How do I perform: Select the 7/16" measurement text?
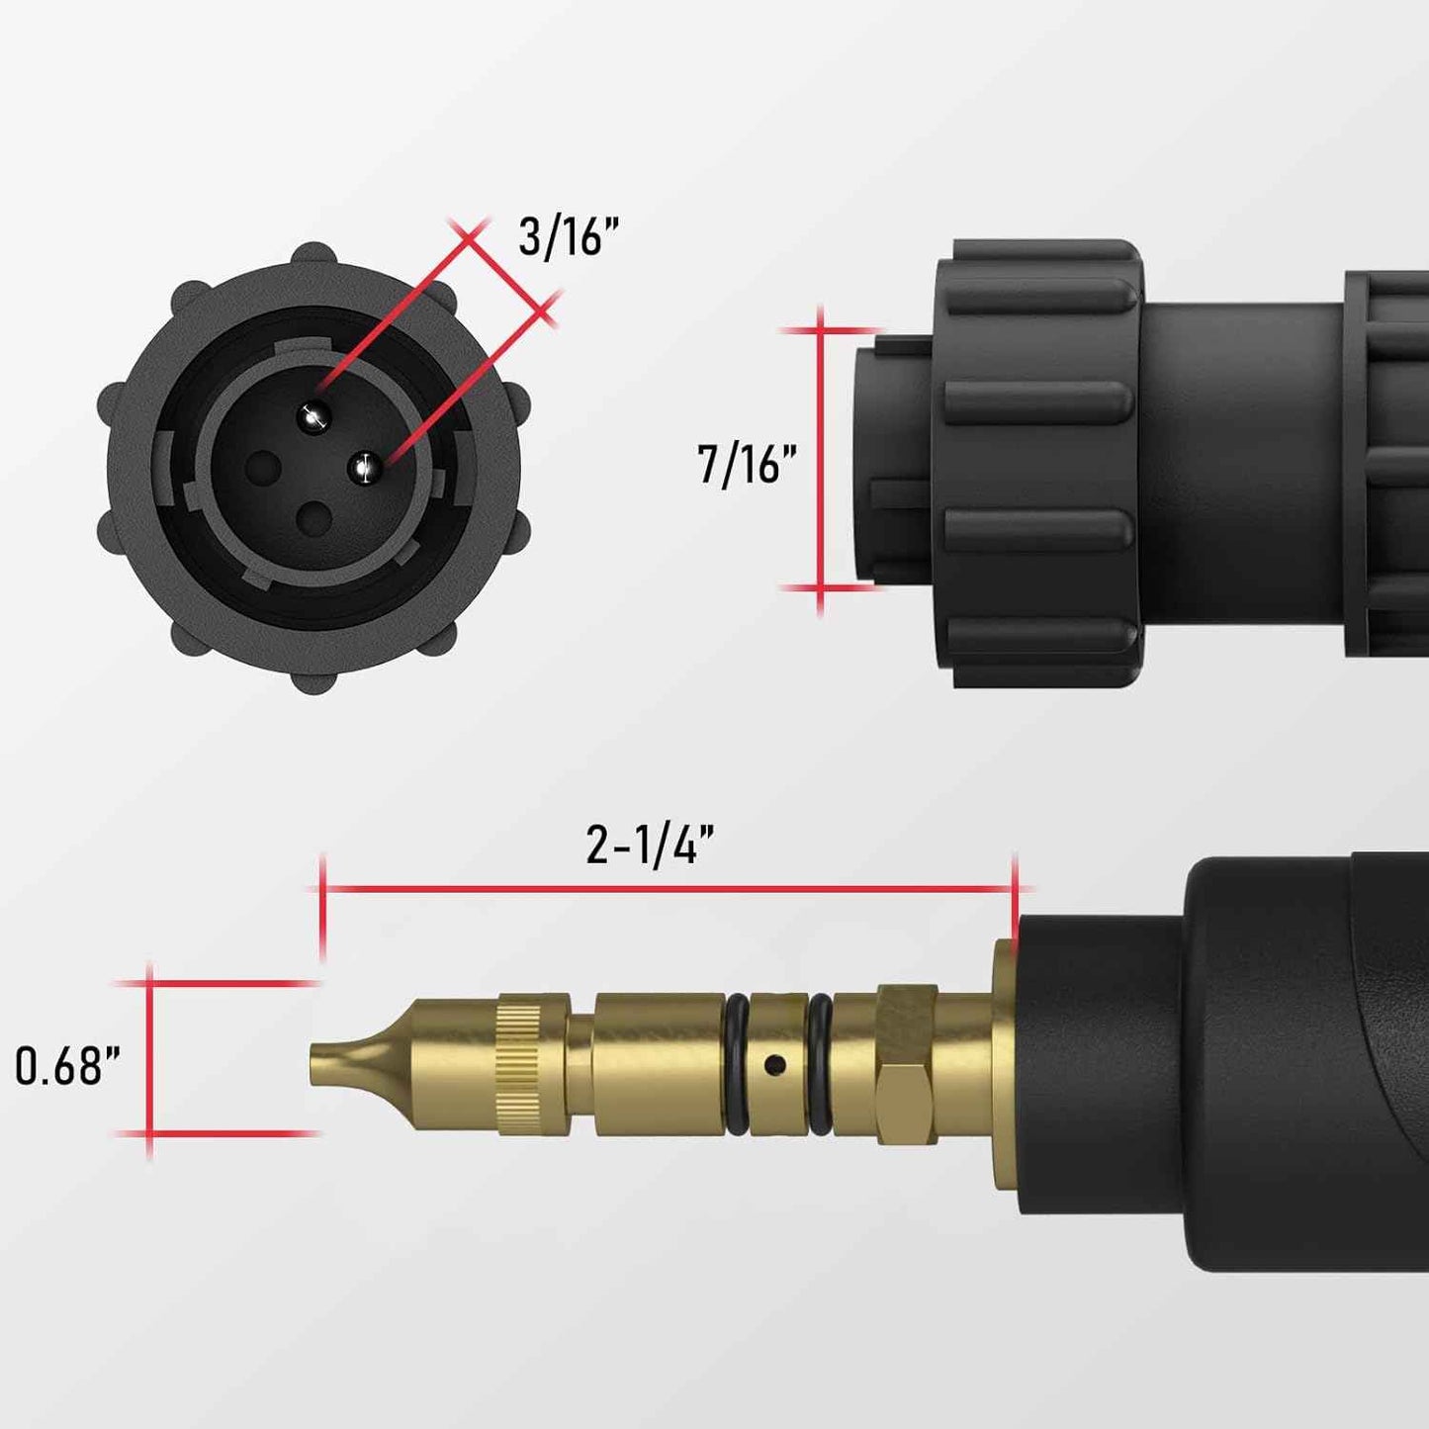pos(747,464)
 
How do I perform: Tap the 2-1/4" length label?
pos(649,847)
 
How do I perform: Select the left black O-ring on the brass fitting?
pos(737,1064)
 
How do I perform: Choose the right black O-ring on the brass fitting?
pos(820,1064)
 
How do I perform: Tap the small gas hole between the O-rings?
pos(776,1065)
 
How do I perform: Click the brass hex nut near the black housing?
pos(906,1064)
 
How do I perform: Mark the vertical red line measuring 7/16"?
pos(820,460)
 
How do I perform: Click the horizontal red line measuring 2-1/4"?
pos(668,889)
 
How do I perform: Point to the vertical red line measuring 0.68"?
pos(149,1058)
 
